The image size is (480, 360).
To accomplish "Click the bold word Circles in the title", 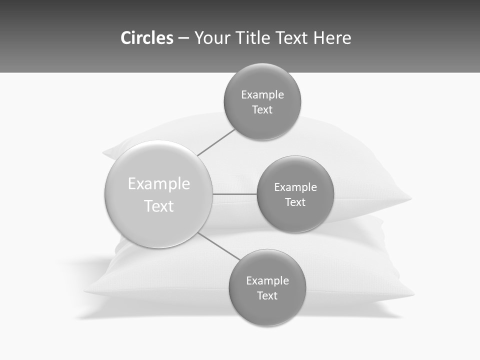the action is coord(146,38).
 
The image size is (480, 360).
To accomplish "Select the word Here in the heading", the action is coord(332,38).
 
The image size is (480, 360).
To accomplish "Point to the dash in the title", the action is coord(183,38).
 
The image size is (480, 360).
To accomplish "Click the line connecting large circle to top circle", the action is coord(216,142).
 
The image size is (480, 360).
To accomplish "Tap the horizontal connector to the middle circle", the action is coord(234,194).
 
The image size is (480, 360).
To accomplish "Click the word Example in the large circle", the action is coord(159,184).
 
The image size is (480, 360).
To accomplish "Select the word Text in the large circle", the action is coord(159,206).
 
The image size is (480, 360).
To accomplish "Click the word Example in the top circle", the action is coord(262,95).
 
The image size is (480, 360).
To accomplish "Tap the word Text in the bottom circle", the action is coord(267,296).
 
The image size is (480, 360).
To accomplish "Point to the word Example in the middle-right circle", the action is coord(295,187).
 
